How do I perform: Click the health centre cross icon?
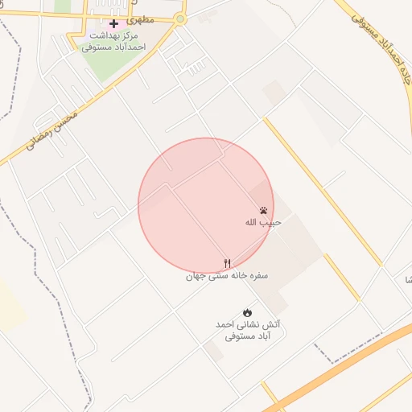click(x=113, y=23)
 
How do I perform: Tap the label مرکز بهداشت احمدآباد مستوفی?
click(x=113, y=42)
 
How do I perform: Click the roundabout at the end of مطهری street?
click(x=179, y=18)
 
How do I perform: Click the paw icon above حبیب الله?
click(x=263, y=209)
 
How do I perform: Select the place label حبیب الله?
click(x=263, y=222)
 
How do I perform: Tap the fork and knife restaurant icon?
click(x=228, y=263)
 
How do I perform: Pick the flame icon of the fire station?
click(x=247, y=312)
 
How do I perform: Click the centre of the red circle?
click(x=206, y=206)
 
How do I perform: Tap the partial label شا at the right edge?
click(x=407, y=279)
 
